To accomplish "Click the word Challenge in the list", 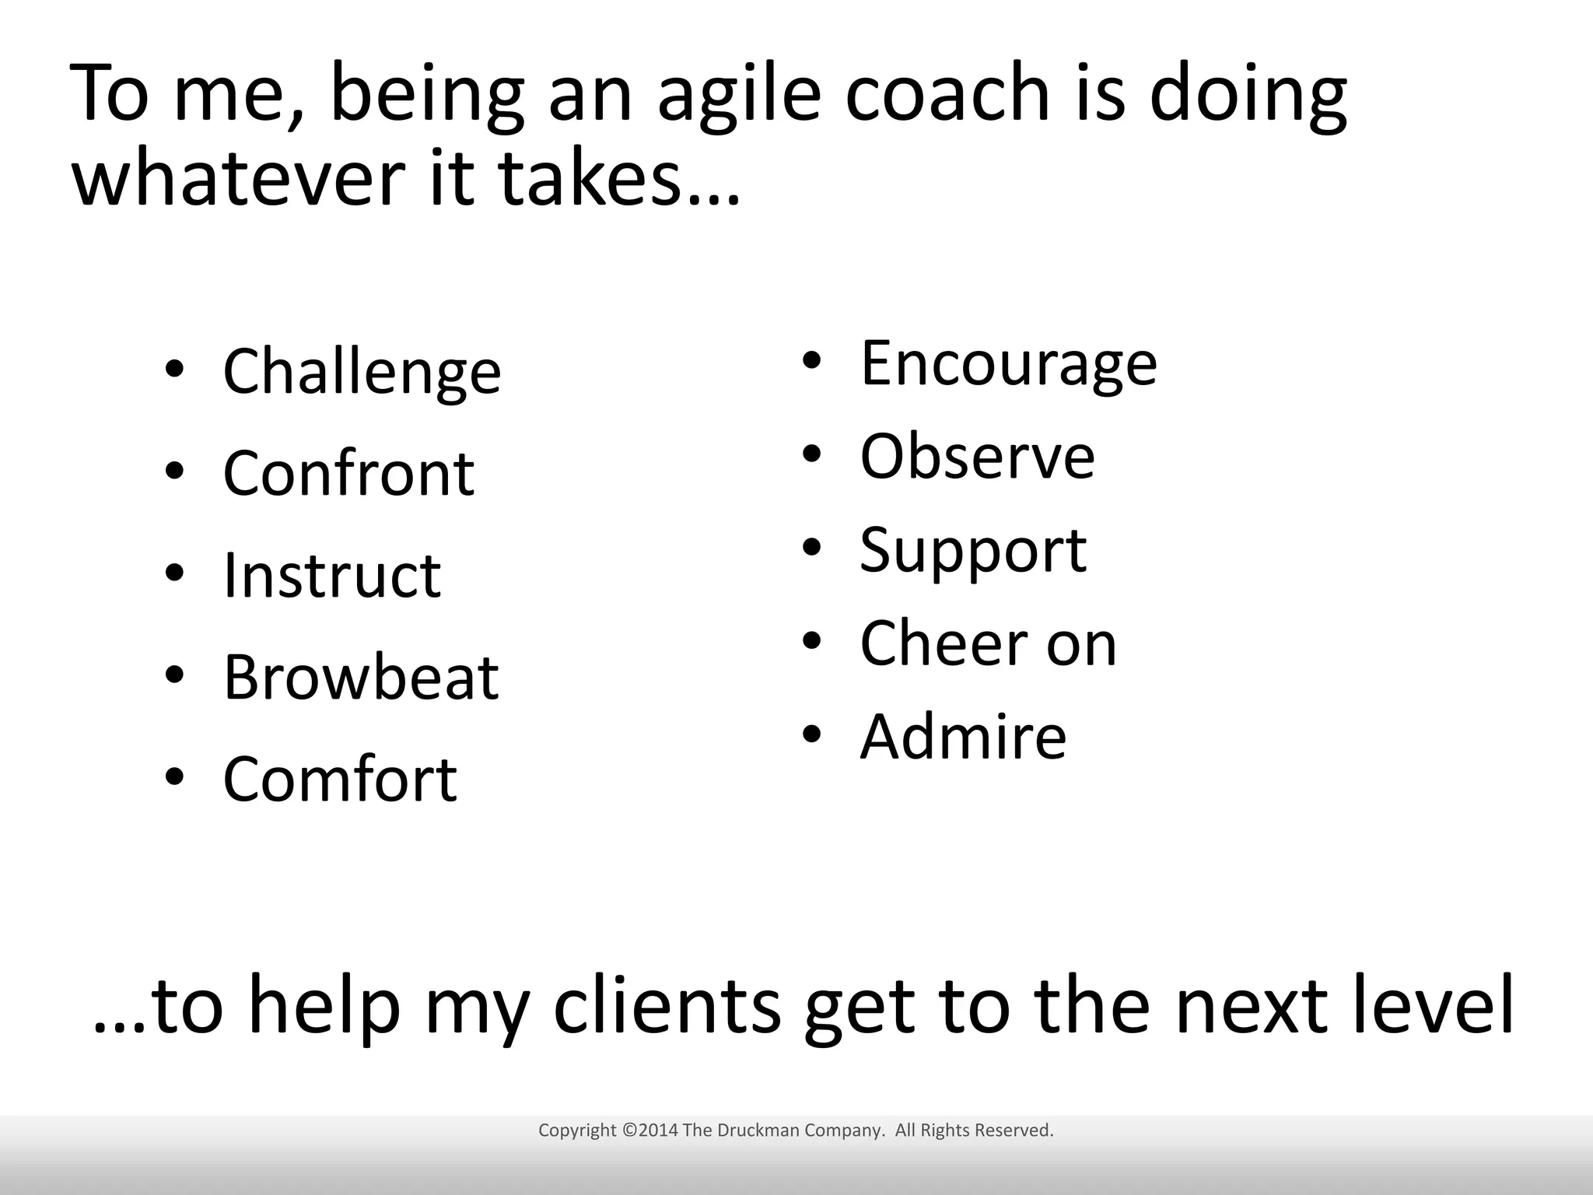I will pyautogui.click(x=362, y=373).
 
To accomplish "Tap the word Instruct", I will pyautogui.click(x=332, y=575).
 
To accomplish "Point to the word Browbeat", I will pyautogui.click(x=361, y=677).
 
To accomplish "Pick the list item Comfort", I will pyautogui.click(x=340, y=779).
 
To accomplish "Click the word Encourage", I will pyautogui.click(x=1009, y=364).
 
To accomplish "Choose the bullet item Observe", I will pyautogui.click(x=978, y=457).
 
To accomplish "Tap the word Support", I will pyautogui.click(x=973, y=551).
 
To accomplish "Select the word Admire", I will pyautogui.click(x=963, y=736).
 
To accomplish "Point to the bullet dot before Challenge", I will pyautogui.click(x=174, y=369).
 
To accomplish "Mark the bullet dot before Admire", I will pyautogui.click(x=811, y=734).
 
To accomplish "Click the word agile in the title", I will pyautogui.click(x=739, y=95).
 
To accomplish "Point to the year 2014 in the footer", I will pyautogui.click(x=658, y=1130).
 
